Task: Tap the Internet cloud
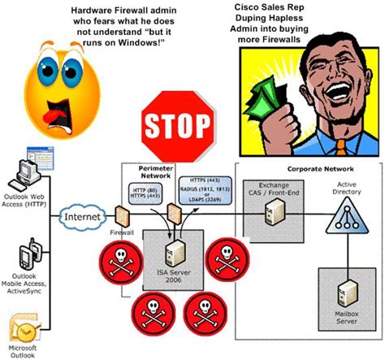point(82,217)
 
